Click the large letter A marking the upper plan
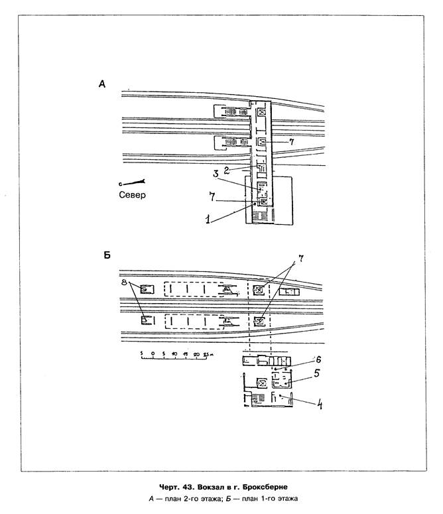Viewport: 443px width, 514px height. (x=101, y=84)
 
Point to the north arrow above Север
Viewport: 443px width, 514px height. (x=133, y=182)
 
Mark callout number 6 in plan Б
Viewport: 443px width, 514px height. (x=318, y=359)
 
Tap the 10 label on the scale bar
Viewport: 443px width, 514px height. (x=174, y=354)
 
